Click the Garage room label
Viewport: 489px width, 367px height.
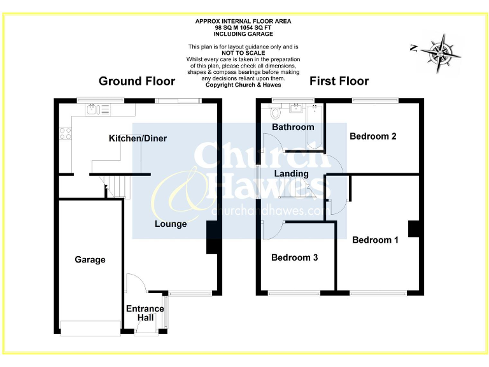(90, 260)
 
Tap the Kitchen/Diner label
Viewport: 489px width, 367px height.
(138, 138)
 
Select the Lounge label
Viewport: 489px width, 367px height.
(171, 224)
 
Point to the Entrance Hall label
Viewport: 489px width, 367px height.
(145, 313)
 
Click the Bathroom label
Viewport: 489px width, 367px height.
(293, 127)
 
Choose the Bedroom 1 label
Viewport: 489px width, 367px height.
(375, 240)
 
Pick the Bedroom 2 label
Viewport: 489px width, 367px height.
(373, 136)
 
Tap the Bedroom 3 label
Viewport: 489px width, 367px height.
(294, 258)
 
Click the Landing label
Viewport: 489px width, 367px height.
(291, 173)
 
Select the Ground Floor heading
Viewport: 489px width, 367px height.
(137, 81)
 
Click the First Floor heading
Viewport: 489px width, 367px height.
(339, 81)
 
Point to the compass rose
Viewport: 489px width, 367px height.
(443, 49)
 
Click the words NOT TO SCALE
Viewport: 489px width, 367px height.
(243, 53)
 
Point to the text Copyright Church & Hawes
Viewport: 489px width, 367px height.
(243, 85)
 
